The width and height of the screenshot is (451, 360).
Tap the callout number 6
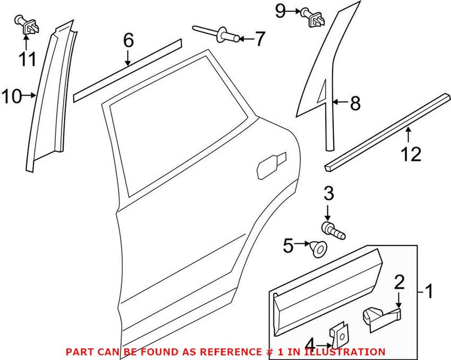click(x=128, y=40)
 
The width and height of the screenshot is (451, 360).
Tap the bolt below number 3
click(x=333, y=230)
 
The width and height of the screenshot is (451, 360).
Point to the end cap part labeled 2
click(x=379, y=317)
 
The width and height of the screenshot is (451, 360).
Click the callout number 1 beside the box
click(x=430, y=292)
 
